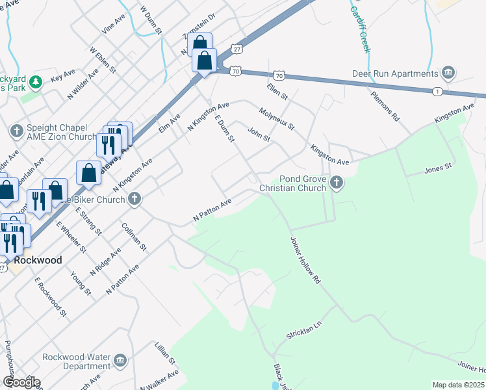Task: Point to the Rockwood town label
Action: tap(38, 260)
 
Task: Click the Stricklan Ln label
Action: tap(304, 330)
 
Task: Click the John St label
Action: tap(259, 135)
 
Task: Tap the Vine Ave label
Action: tap(113, 25)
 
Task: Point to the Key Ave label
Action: tap(63, 77)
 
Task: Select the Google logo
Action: tap(21, 382)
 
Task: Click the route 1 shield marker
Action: tap(438, 92)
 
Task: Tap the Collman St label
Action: tap(134, 238)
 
